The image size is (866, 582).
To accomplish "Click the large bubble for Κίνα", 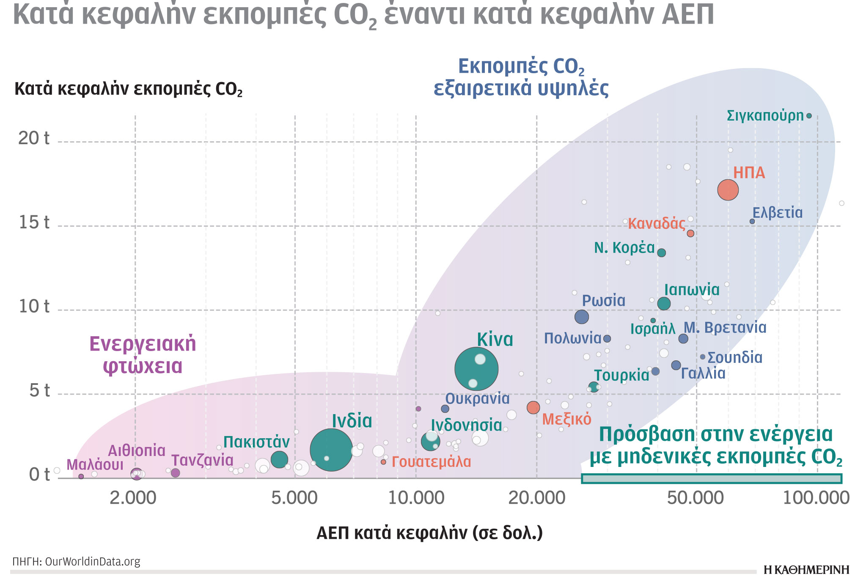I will pyautogui.click(x=476, y=369).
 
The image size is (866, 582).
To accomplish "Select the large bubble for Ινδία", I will pyautogui.click(x=331, y=450).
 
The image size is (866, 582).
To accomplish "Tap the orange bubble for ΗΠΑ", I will pyautogui.click(x=728, y=190).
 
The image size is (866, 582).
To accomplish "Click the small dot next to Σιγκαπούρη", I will pyautogui.click(x=809, y=116).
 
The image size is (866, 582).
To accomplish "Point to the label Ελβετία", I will pyautogui.click(x=777, y=213).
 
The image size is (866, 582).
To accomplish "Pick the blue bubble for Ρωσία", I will pyautogui.click(x=582, y=316).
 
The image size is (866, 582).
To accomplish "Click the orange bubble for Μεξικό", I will pyautogui.click(x=533, y=407).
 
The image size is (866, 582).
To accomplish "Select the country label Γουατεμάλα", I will pyautogui.click(x=431, y=462).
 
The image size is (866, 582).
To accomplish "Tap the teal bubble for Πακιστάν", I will pyautogui.click(x=279, y=459).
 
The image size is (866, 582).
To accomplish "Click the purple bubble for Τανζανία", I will pyautogui.click(x=175, y=473).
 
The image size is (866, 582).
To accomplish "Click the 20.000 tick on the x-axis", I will pyautogui.click(x=536, y=498).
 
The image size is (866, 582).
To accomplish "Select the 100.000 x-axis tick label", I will pyautogui.click(x=816, y=498).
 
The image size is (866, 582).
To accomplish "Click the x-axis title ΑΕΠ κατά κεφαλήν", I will pyautogui.click(x=429, y=533).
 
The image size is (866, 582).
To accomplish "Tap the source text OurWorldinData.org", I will pyautogui.click(x=92, y=562).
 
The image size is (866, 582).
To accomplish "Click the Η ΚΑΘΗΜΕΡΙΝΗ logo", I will pyautogui.click(x=806, y=570).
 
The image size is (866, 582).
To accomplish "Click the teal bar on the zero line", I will pyautogui.click(x=711, y=478).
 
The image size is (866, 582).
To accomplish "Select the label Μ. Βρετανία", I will pyautogui.click(x=725, y=328).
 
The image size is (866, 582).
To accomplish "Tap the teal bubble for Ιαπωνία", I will pyautogui.click(x=664, y=303).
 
